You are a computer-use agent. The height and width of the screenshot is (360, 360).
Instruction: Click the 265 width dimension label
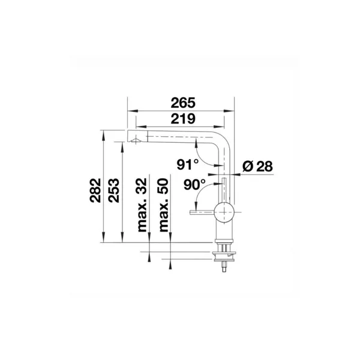(183, 103)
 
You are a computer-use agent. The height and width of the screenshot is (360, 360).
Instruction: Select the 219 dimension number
(183, 119)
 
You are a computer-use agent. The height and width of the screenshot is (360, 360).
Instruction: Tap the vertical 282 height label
(95, 190)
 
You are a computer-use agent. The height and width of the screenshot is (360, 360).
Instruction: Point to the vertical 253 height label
(114, 190)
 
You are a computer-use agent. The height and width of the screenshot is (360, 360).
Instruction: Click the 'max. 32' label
(142, 205)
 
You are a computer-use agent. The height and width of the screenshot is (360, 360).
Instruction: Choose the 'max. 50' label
(164, 205)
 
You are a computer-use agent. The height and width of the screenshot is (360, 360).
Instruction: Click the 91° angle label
(188, 164)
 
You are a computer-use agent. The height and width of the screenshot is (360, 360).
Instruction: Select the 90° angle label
(194, 185)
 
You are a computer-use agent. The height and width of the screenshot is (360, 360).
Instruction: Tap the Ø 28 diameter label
(257, 166)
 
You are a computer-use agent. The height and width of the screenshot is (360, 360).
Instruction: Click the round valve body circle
(224, 212)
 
